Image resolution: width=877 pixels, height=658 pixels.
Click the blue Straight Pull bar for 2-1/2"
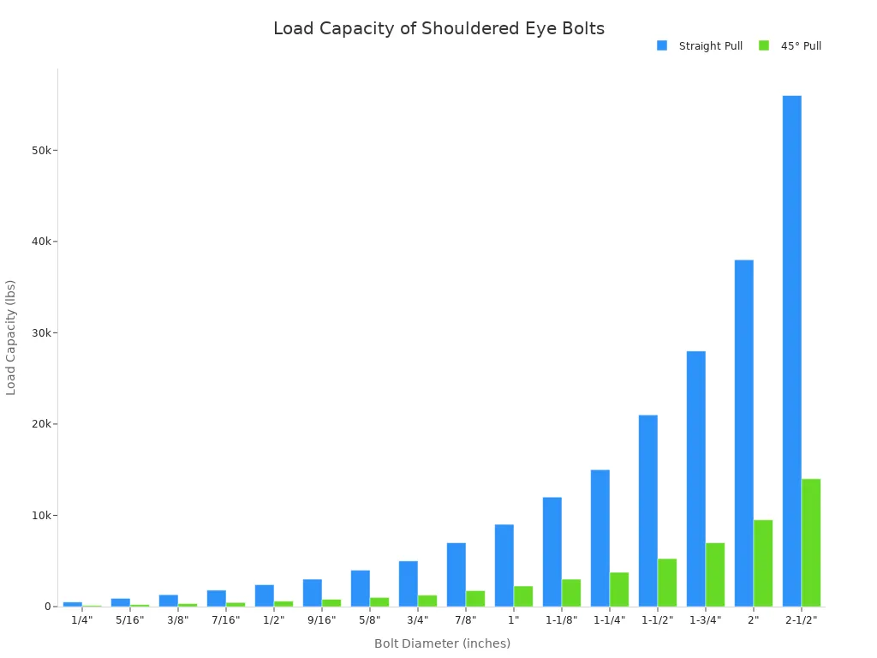coord(791,351)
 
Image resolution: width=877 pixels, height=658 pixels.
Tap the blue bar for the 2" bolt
coord(743,433)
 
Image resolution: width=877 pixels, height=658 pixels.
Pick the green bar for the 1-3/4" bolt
coord(715,574)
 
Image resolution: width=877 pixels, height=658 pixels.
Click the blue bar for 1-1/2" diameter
coord(647,511)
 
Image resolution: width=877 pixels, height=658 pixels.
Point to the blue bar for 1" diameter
coord(504,565)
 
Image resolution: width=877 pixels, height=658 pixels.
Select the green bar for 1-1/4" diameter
coord(619,589)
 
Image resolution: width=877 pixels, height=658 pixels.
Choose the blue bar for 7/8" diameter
coord(456,574)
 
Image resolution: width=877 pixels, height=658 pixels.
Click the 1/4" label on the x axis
coord(81,620)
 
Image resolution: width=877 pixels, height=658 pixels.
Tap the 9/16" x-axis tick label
coord(321,620)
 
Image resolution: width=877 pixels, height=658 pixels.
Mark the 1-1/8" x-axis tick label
coord(561,620)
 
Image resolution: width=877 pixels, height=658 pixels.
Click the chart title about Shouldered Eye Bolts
coord(438,28)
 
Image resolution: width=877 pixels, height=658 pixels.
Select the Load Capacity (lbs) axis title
coord(11,337)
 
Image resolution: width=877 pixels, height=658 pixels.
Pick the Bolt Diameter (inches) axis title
coord(442,643)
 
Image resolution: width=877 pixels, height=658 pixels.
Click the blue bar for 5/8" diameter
coord(360,588)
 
